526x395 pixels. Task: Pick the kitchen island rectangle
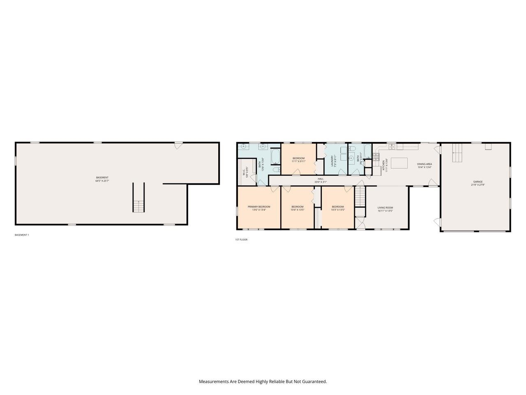(x=399, y=163)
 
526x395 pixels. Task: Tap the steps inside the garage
(x=457, y=153)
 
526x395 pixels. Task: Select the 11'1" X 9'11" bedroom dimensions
(x=299, y=161)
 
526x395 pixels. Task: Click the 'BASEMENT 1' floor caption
(x=22, y=235)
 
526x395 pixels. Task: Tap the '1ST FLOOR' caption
(x=241, y=239)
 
